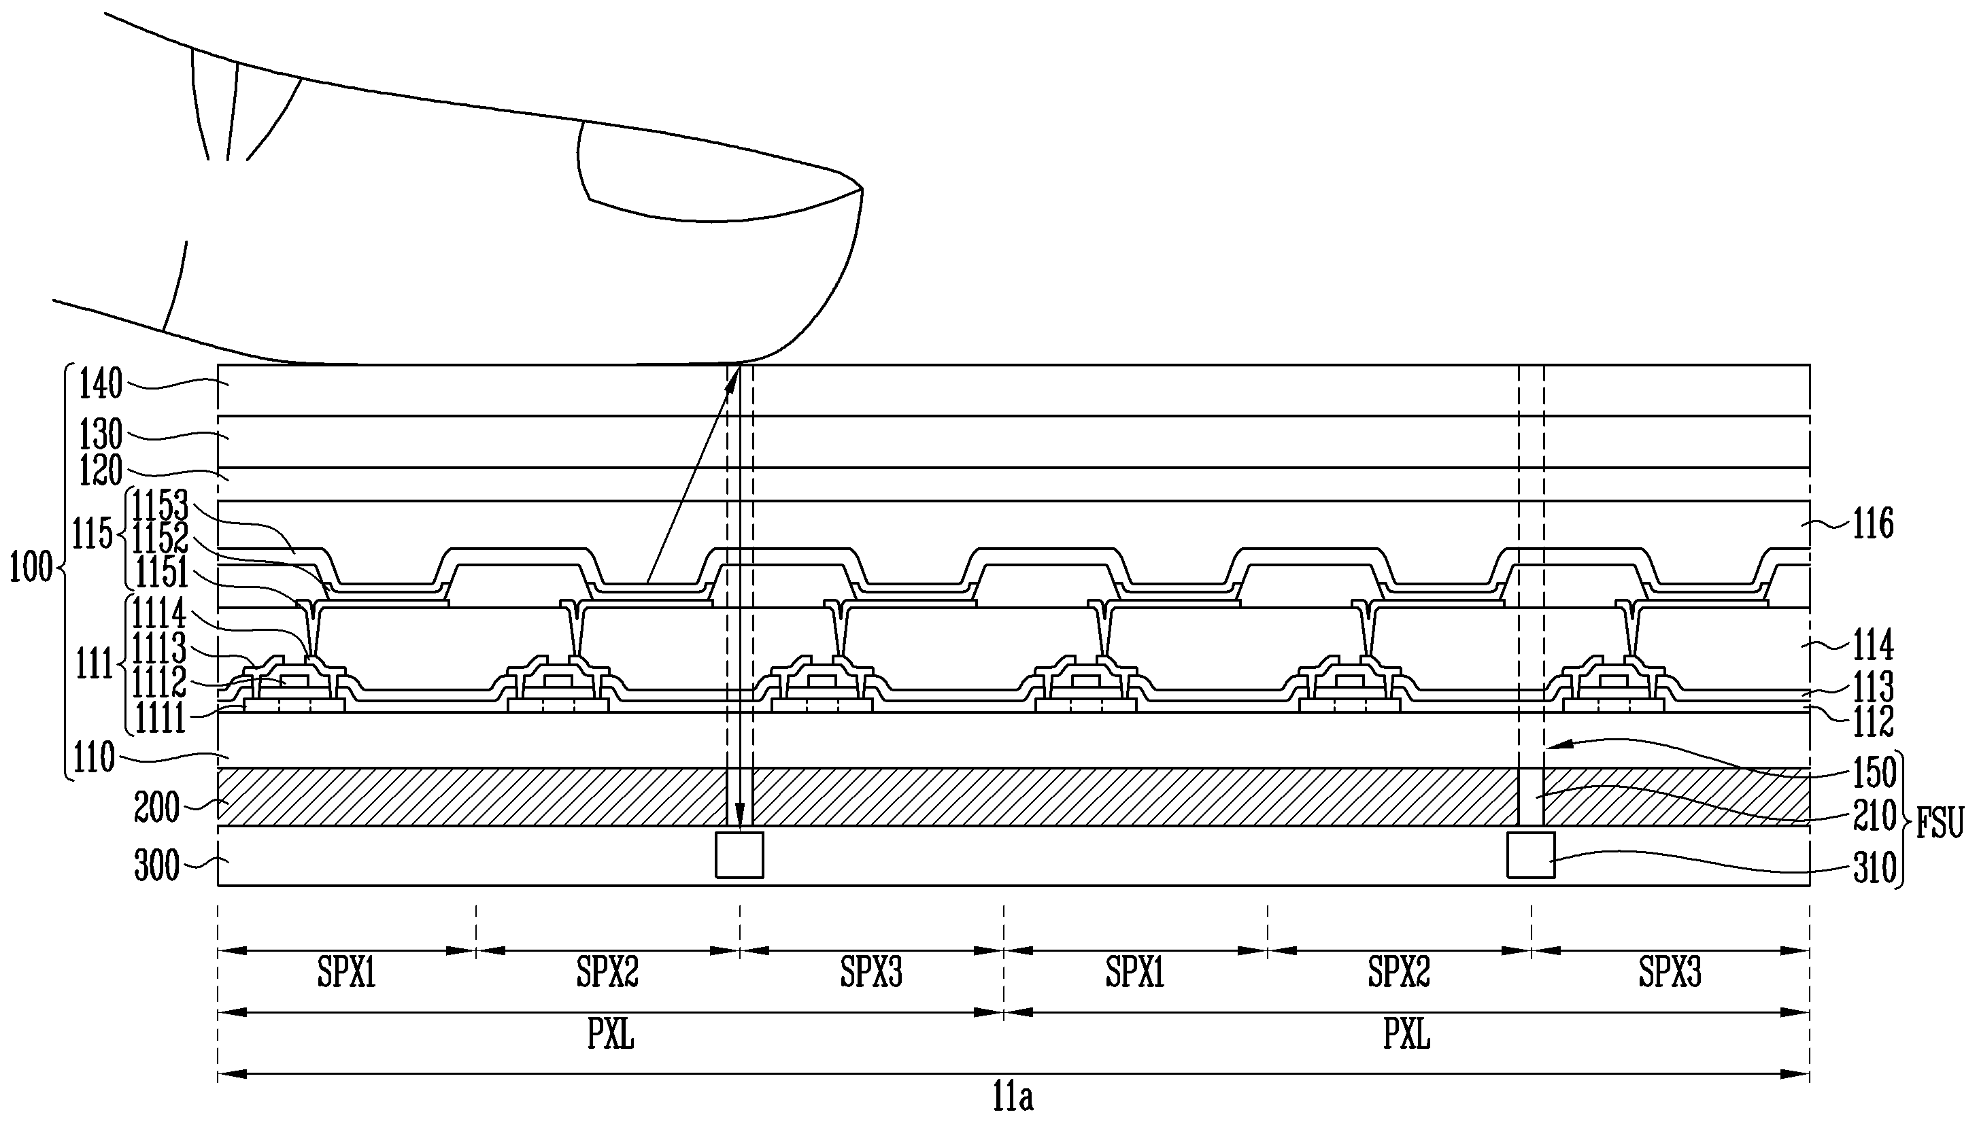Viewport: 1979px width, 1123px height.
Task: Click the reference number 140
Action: (x=101, y=384)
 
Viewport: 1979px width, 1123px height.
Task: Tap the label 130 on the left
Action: (x=101, y=436)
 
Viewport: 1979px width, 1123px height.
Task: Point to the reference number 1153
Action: (x=160, y=506)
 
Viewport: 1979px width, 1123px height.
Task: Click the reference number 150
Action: (x=1875, y=772)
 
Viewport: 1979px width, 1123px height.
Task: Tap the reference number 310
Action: (x=1875, y=869)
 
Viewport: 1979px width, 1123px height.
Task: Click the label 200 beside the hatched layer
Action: (x=156, y=808)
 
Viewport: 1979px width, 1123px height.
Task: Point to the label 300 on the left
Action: (x=156, y=866)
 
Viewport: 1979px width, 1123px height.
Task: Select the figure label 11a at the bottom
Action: (x=1012, y=1096)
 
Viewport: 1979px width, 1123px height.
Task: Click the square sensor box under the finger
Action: (x=739, y=854)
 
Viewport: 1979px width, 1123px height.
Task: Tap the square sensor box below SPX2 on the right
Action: (x=1531, y=854)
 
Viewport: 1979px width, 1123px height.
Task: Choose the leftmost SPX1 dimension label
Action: (x=346, y=973)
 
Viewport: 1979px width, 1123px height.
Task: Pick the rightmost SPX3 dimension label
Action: (x=1670, y=973)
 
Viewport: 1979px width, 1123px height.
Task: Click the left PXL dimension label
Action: (x=610, y=1035)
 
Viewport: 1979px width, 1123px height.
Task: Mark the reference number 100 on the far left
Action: (x=31, y=568)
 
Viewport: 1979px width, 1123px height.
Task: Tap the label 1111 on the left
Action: (x=160, y=719)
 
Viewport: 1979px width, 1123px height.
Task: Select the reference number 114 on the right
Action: (x=1874, y=646)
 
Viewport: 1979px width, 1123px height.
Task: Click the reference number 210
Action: (x=1875, y=816)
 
